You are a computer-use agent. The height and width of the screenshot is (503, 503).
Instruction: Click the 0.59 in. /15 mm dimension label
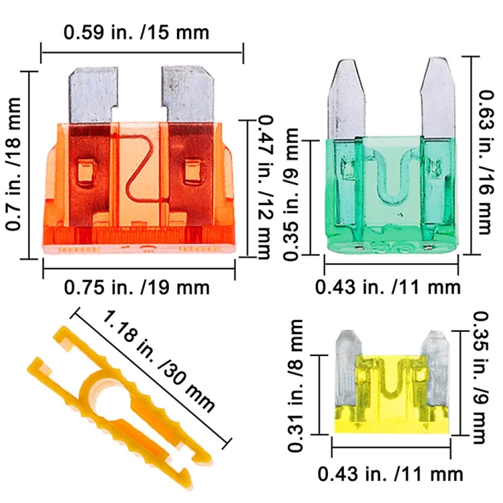point(136,33)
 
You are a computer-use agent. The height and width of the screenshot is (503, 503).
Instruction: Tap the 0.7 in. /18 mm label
point(14,164)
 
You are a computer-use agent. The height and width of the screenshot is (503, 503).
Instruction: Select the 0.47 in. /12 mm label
point(266,187)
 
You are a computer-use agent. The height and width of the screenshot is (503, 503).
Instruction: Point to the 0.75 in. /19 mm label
point(137,288)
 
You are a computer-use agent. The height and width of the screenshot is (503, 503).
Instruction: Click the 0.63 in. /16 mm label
point(484,162)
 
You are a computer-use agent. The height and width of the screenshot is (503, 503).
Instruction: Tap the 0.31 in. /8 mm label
point(295,385)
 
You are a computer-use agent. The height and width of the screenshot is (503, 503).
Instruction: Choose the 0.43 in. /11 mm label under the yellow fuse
point(390,474)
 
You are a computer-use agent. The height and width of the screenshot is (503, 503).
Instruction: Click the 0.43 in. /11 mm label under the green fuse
point(388,287)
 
